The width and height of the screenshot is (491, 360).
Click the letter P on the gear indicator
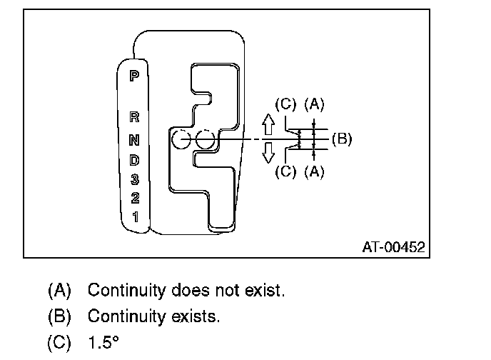133,75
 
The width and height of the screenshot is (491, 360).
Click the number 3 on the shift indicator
133,179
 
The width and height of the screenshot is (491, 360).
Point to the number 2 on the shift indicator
133,197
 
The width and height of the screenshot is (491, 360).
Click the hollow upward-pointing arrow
268,126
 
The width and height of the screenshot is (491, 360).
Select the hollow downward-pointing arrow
268,152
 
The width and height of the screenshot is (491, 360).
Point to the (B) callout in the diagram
342,139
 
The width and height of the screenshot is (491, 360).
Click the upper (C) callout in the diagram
285,105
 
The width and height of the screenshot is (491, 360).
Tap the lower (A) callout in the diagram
314,172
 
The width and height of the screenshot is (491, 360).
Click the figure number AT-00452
393,247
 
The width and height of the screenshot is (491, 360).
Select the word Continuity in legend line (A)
129,291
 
